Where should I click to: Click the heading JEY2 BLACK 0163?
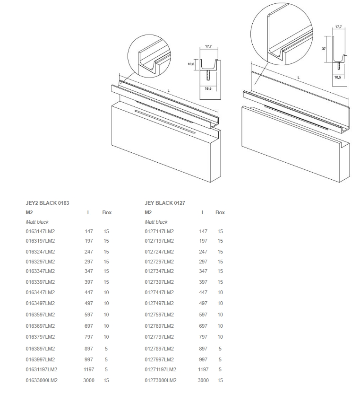coord(47,203)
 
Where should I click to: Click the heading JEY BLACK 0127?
coord(165,203)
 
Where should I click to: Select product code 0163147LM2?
coord(40,231)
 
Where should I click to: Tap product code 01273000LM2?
coord(161,380)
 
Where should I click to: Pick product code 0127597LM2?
coord(159,315)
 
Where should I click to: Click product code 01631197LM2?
coord(42,369)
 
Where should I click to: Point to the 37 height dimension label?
coord(324,49)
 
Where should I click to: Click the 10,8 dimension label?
coord(191,64)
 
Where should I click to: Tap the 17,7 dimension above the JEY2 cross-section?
coord(208,46)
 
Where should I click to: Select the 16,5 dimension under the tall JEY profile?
coord(338,78)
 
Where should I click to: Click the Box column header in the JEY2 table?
coord(107,212)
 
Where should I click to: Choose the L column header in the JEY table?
coord(203,212)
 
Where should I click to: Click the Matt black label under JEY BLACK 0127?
coord(156,222)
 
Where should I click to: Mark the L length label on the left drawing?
coord(169,90)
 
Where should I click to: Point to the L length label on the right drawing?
coord(299,78)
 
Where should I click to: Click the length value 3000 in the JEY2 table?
coord(89,380)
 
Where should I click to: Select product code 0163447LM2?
coord(40,292)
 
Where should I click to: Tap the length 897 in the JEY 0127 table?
coord(203,349)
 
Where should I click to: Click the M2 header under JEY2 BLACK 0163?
coord(29,212)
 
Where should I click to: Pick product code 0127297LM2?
coord(159,262)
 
